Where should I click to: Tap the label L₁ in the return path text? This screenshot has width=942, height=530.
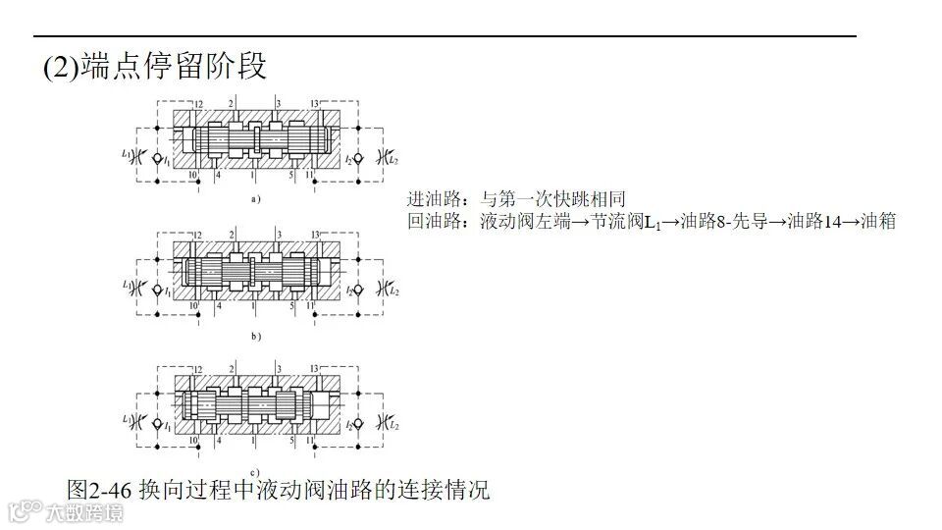pyautogui.click(x=651, y=223)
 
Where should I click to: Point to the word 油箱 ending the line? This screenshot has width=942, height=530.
pyautogui.click(x=877, y=222)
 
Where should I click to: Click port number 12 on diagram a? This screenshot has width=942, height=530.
pyautogui.click(x=198, y=103)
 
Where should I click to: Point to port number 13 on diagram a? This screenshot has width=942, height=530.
pyautogui.click(x=314, y=103)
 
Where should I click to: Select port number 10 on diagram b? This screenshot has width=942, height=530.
pyautogui.click(x=194, y=307)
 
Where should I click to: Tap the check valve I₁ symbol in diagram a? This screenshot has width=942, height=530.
pyautogui.click(x=158, y=156)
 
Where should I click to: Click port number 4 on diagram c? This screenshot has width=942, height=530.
pyautogui.click(x=218, y=443)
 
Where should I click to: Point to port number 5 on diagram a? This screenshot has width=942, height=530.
pyautogui.click(x=291, y=175)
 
